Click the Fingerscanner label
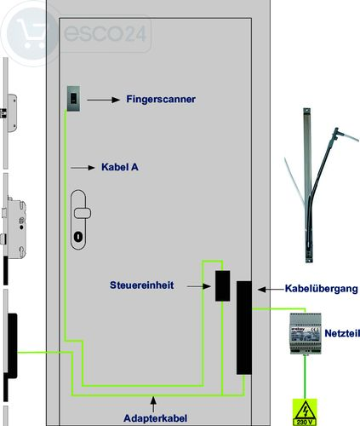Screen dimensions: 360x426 tap(161, 99)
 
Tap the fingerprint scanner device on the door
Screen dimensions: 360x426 tap(73, 98)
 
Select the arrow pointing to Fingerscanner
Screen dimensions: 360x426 tap(103, 100)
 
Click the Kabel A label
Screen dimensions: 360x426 tap(120, 167)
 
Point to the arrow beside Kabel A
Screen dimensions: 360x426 tap(83, 168)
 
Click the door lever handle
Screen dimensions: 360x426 tap(83, 213)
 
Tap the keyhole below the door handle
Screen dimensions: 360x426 tap(78, 237)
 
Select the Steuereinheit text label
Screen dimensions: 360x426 tap(141, 285)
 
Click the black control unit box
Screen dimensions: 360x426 tap(222, 285)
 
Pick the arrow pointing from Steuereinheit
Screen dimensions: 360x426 tap(199, 286)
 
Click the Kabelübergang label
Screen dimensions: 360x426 tap(321, 289)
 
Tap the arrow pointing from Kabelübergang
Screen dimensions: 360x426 tap(271, 290)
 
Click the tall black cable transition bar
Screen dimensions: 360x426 tap(244, 328)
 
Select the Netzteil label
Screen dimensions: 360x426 tap(342, 333)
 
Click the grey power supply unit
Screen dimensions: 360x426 tap(306, 333)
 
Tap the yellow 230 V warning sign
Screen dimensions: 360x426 tap(305, 412)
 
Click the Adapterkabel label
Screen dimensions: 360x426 tap(155, 418)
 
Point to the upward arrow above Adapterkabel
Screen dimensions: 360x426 tap(153, 404)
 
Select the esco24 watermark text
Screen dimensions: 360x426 tap(105, 33)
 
